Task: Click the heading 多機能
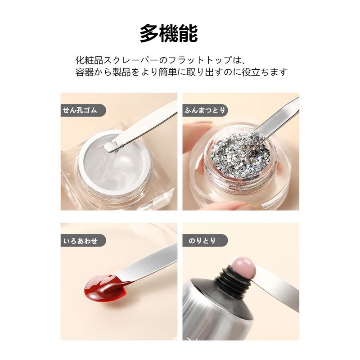point(169,34)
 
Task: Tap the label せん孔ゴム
point(80,110)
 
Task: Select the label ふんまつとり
point(205,110)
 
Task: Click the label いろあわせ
point(81,241)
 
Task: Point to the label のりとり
point(202,241)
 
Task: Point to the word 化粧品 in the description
point(89,60)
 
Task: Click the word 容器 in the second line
point(85,72)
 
